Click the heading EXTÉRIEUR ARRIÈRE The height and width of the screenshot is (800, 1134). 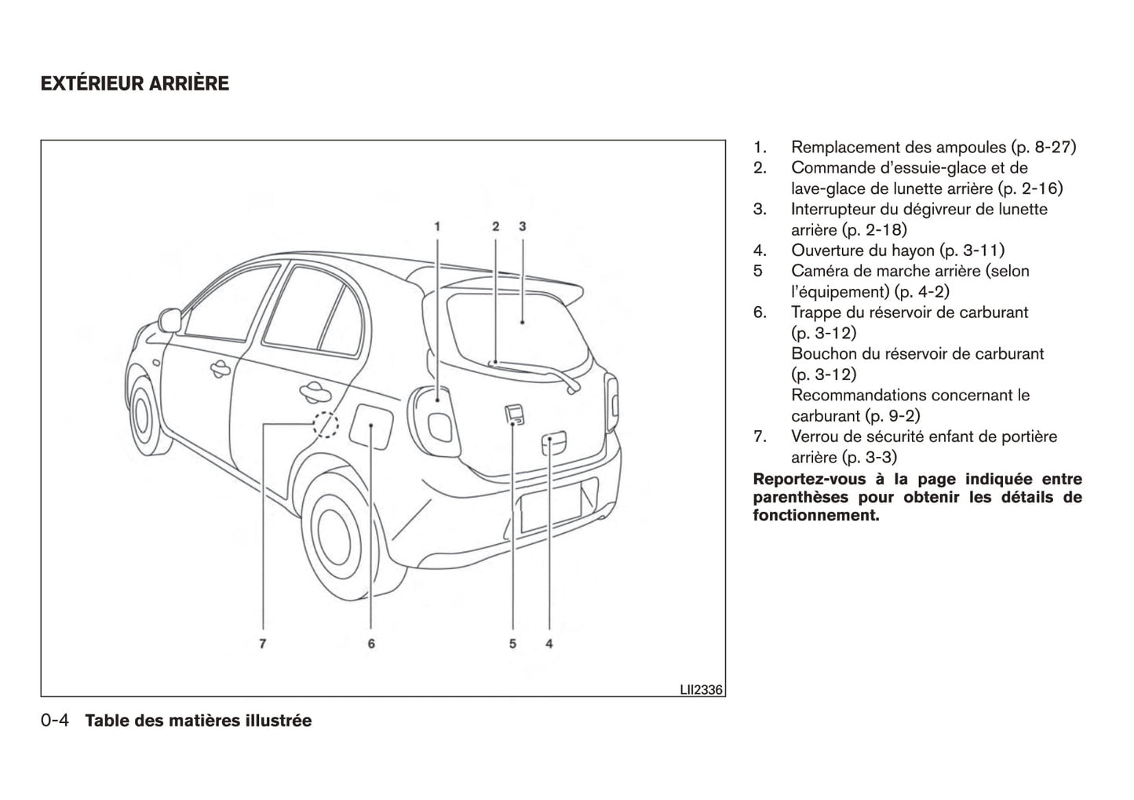pos(135,83)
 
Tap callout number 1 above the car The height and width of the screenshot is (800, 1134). pos(438,226)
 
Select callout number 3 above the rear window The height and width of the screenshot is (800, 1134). pos(522,226)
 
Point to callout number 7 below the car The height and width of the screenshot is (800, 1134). pos(263,644)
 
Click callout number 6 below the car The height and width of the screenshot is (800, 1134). pos(370,644)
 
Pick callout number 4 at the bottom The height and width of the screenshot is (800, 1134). pos(549,644)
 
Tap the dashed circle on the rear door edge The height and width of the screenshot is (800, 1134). pos(326,425)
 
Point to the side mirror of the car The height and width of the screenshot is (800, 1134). pos(169,320)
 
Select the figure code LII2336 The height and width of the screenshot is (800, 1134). pos(700,690)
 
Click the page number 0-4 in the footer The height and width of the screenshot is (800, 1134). pos(57,721)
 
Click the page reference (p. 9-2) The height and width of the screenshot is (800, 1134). pos(892,416)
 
